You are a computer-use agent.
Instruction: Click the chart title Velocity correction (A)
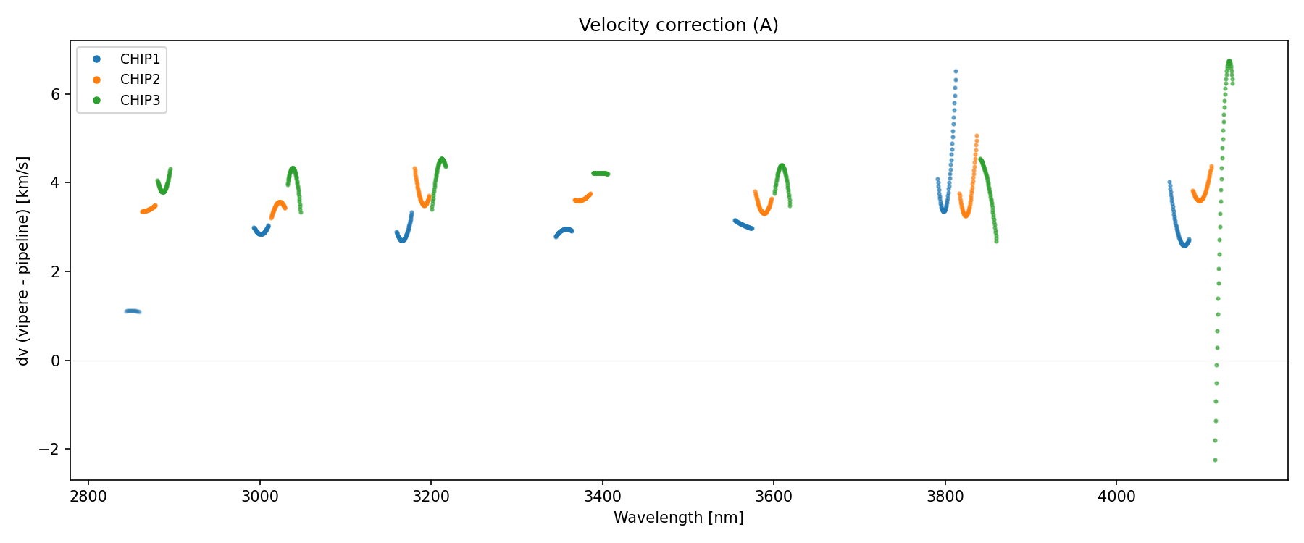pyautogui.click(x=678, y=25)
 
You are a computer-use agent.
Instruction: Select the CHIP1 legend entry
pyautogui.click(x=140, y=59)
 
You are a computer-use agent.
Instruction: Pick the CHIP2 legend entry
pyautogui.click(x=140, y=80)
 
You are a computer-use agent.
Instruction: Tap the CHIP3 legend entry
pyautogui.click(x=140, y=101)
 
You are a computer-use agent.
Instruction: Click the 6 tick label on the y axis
pyautogui.click(x=57, y=94)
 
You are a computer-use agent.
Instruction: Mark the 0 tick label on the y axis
pyautogui.click(x=57, y=361)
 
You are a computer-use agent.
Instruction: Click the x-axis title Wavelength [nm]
pyautogui.click(x=678, y=518)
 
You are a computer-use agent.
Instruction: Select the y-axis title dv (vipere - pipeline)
pyautogui.click(x=23, y=261)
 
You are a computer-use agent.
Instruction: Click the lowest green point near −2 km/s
pyautogui.click(x=1215, y=460)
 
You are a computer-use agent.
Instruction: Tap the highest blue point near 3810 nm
pyautogui.click(x=956, y=71)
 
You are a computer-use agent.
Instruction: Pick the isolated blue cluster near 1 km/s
pyautogui.click(x=133, y=311)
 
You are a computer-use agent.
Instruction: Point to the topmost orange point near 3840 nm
pyautogui.click(x=977, y=135)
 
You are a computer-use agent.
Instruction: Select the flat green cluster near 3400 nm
pyautogui.click(x=601, y=173)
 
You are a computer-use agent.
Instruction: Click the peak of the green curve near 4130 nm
pyautogui.click(x=1229, y=62)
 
